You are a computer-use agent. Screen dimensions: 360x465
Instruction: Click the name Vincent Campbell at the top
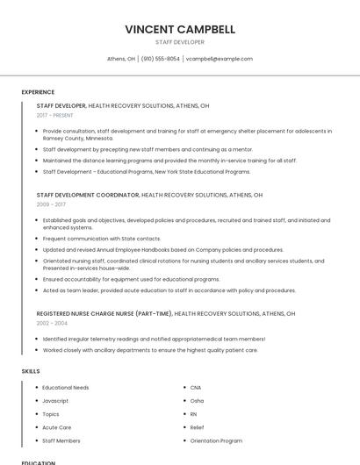180,29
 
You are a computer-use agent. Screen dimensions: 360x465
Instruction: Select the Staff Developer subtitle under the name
180,42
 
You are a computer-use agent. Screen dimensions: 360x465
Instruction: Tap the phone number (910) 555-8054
160,59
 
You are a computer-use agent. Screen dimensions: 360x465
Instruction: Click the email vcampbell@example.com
220,59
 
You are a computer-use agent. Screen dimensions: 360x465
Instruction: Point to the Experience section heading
38,92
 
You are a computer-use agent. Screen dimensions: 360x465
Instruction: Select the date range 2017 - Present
55,115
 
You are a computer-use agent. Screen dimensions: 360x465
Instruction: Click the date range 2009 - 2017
51,204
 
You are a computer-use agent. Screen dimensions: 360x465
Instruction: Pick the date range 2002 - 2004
51,323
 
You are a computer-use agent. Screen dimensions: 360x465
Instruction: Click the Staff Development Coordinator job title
88,195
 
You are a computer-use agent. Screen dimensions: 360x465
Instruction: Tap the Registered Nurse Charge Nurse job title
104,313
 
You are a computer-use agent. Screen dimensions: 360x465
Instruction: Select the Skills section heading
30,371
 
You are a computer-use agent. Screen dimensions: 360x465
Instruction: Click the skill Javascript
55,401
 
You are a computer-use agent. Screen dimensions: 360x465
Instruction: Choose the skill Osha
197,401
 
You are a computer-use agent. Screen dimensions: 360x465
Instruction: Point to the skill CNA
196,388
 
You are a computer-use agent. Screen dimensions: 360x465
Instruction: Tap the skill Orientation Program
216,440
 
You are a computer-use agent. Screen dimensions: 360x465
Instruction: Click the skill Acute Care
56,427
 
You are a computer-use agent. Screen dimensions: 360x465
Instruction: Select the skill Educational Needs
66,388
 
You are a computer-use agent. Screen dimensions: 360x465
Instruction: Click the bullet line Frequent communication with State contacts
102,239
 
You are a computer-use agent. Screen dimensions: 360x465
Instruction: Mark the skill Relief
198,427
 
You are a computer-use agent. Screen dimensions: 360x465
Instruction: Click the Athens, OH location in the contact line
121,59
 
